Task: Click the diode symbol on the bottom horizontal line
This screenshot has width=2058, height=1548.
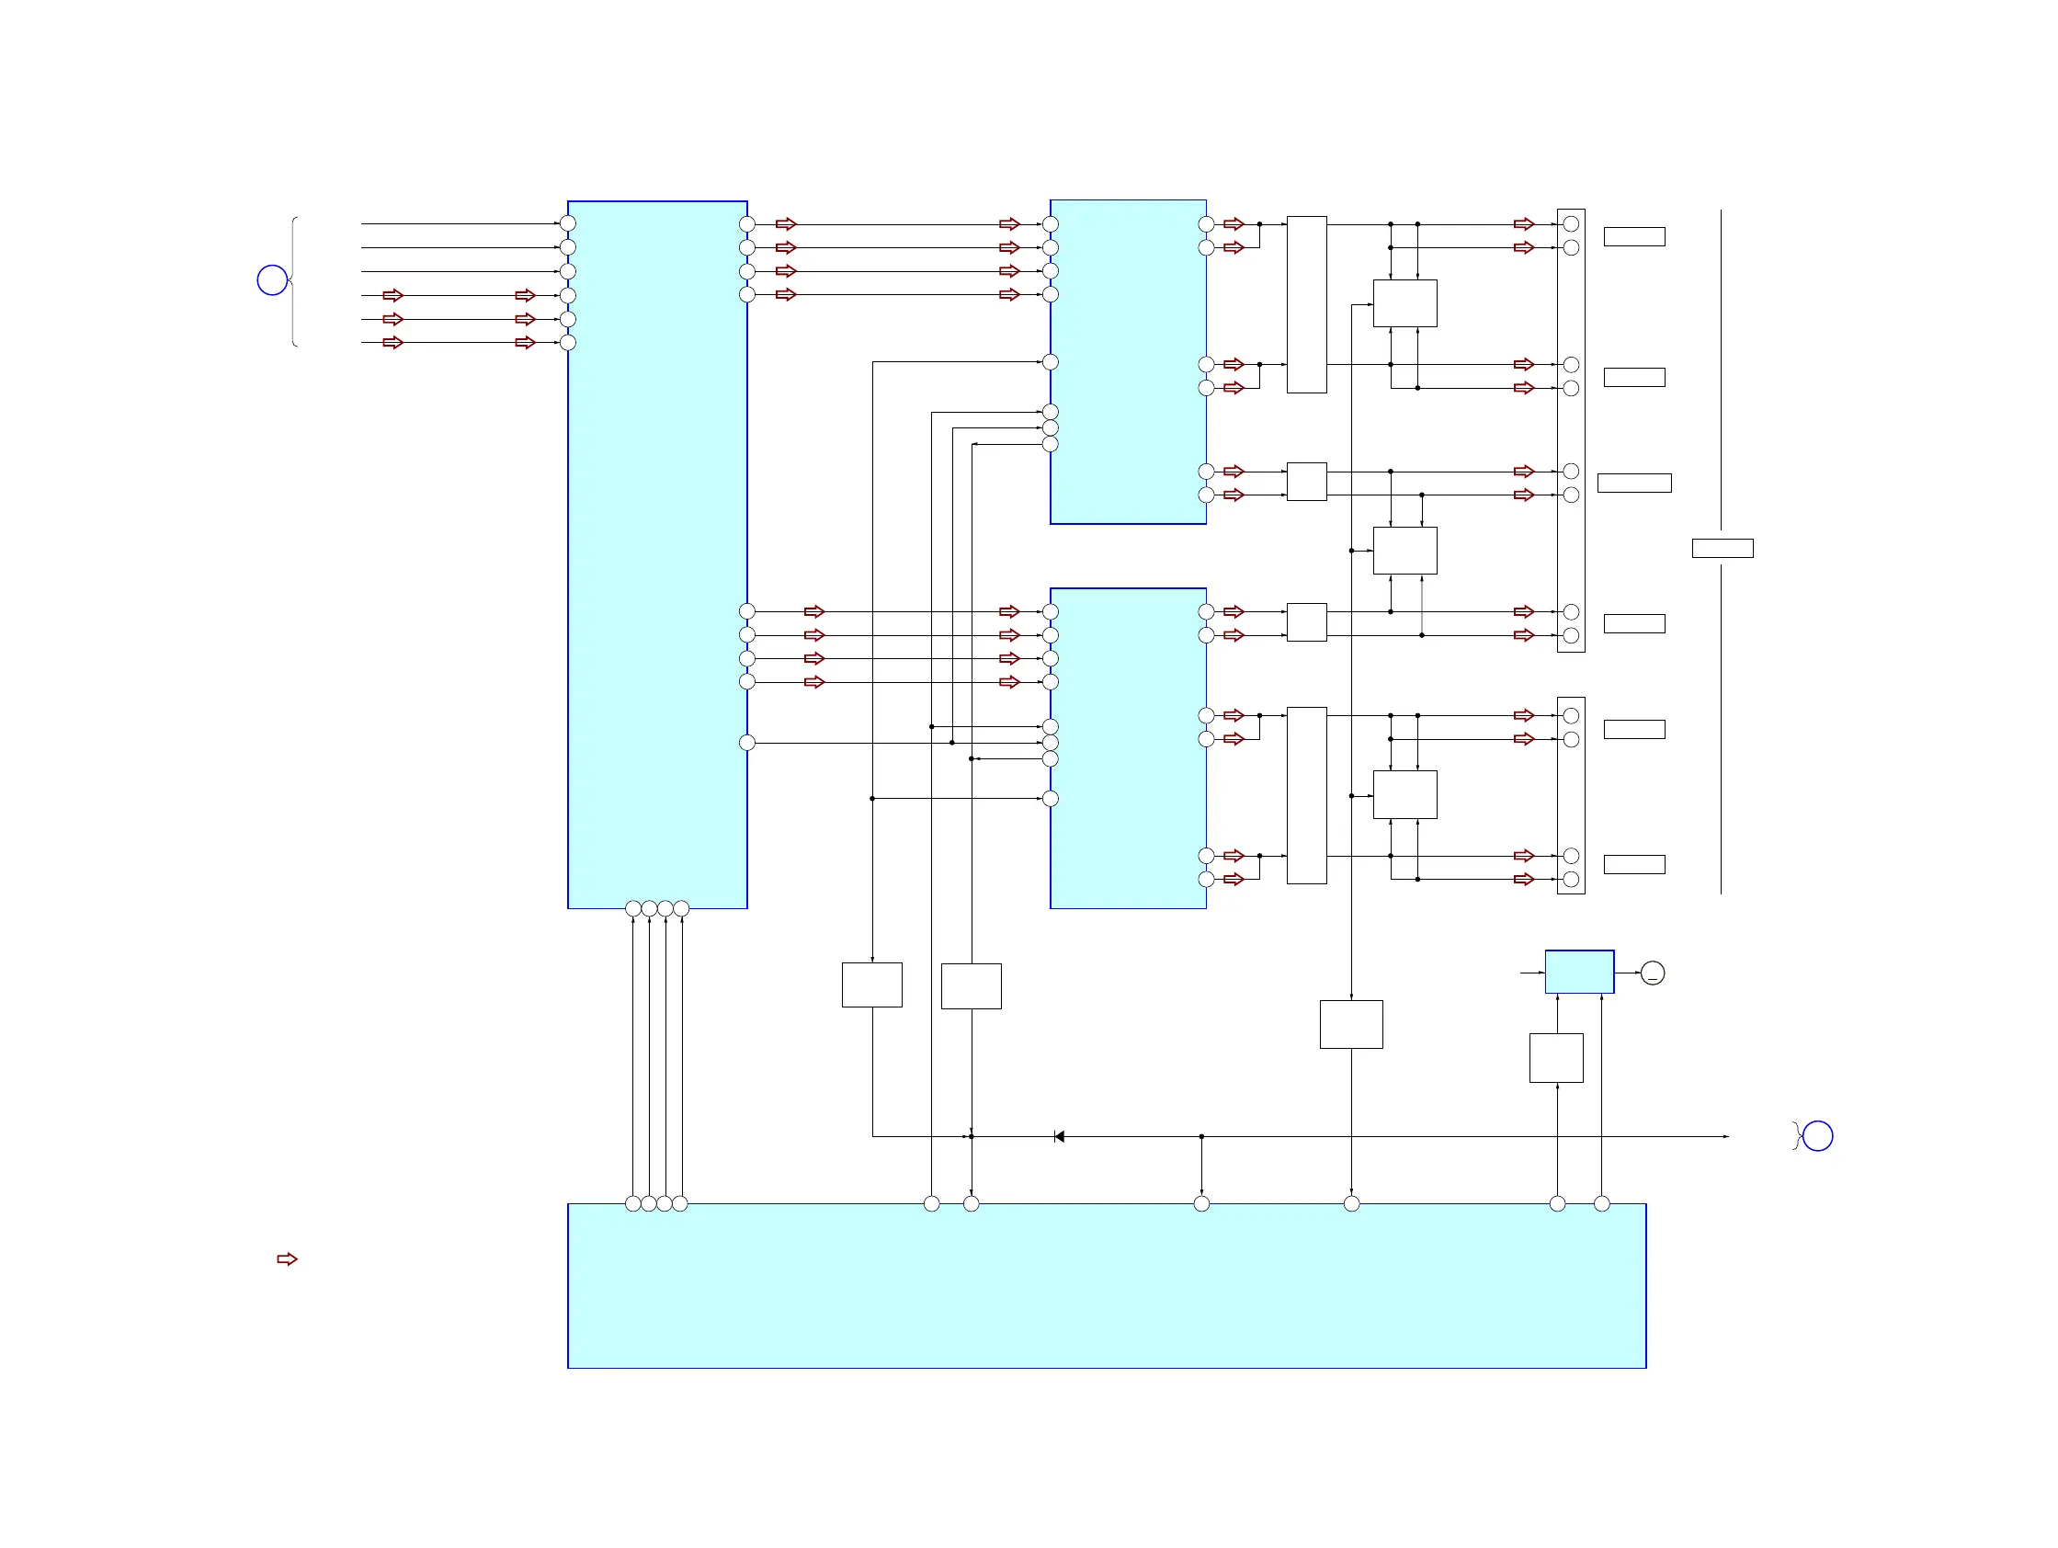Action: [x=1059, y=1137]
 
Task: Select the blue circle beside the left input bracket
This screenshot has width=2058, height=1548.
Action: [x=272, y=280]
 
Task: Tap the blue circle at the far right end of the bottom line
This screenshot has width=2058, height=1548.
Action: [x=1817, y=1136]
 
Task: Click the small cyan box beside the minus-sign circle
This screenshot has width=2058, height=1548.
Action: [x=1579, y=972]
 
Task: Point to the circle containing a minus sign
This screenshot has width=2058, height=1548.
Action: [x=1653, y=973]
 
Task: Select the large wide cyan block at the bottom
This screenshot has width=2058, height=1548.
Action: [x=1107, y=1286]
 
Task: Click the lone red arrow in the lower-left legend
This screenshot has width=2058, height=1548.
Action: [x=287, y=1258]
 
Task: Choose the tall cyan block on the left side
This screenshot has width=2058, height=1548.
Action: [x=657, y=554]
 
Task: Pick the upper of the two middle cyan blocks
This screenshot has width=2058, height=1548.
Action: [x=1128, y=362]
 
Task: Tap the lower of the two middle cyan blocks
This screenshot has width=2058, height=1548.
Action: [x=1128, y=748]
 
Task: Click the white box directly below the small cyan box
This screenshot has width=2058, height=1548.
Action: [x=1555, y=1058]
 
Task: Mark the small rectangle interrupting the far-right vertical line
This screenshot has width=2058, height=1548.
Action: [x=1723, y=548]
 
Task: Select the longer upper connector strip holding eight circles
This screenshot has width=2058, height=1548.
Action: [x=1571, y=430]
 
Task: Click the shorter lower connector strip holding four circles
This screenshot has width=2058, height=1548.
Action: [x=1571, y=795]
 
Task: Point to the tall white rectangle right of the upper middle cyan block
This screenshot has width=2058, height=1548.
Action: [x=1306, y=304]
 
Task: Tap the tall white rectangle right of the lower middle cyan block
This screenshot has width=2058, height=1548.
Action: [x=1306, y=795]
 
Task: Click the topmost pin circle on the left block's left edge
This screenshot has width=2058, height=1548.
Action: [x=567, y=223]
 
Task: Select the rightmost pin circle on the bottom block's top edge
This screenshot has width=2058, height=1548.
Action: [x=1601, y=1204]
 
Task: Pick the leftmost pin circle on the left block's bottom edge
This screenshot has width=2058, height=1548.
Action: [x=632, y=908]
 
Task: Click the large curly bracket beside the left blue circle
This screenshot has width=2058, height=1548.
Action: [x=294, y=281]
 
